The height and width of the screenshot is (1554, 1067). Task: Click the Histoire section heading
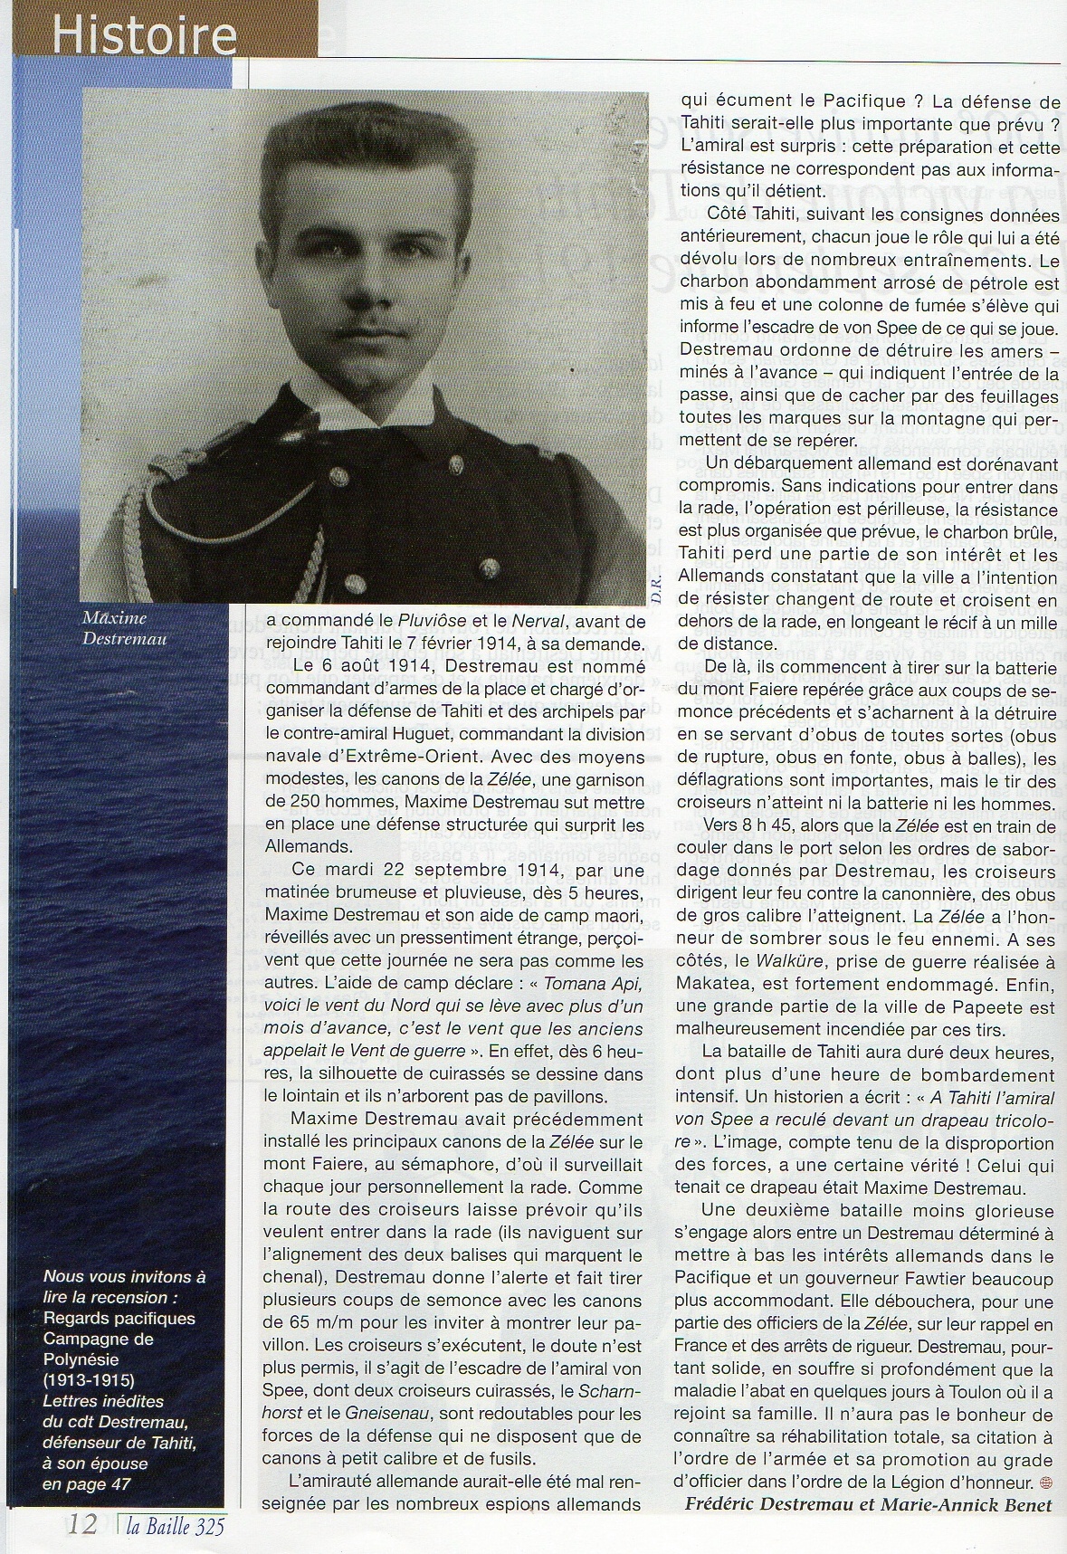click(143, 36)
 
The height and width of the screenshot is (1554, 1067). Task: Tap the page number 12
click(82, 1525)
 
